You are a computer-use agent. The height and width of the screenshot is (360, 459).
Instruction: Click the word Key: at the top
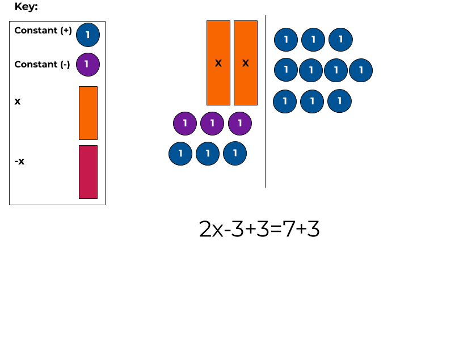[x=26, y=7]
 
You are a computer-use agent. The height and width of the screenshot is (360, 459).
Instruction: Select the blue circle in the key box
[x=87, y=35]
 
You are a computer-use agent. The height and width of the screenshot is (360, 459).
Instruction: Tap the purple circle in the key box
[x=87, y=64]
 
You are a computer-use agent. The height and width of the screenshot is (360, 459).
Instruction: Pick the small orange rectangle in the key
[x=88, y=113]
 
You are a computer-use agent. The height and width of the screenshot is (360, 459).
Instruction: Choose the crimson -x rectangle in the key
[x=88, y=172]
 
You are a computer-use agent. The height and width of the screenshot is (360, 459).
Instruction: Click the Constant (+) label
[x=43, y=31]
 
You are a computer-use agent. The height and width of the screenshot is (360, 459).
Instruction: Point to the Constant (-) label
[x=42, y=65]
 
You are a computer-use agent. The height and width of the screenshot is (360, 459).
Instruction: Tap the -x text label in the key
[x=19, y=162]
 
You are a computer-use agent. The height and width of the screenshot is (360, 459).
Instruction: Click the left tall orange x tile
[x=218, y=63]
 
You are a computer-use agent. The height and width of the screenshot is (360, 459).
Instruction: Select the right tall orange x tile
[x=246, y=63]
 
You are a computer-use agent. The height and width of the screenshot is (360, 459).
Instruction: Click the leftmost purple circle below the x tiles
[x=185, y=123]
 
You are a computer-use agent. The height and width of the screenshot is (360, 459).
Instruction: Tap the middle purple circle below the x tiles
[x=212, y=123]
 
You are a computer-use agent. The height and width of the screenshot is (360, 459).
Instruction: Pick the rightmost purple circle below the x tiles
[x=240, y=123]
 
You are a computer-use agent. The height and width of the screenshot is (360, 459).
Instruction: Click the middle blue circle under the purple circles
[x=208, y=154]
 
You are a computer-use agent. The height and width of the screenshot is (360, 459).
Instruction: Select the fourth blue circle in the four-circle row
[x=361, y=70]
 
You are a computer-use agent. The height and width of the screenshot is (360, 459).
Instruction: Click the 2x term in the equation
[x=211, y=229]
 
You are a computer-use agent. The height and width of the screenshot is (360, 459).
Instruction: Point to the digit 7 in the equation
[x=288, y=229]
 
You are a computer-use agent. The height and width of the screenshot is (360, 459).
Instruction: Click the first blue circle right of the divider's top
[x=286, y=40]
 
